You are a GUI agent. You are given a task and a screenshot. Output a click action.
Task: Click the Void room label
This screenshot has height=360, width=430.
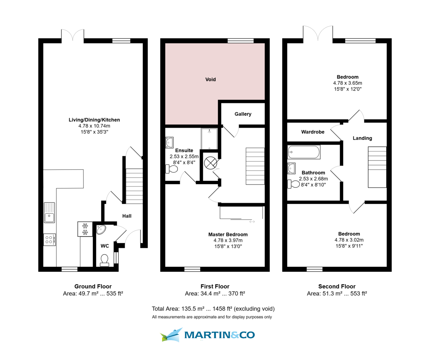point(211,80)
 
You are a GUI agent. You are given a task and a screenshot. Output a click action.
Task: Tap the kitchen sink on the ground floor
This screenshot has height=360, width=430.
point(49,212)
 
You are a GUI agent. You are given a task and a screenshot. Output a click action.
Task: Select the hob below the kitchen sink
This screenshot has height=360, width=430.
point(49,239)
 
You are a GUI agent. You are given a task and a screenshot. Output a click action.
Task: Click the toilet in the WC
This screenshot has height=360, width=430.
point(105,260)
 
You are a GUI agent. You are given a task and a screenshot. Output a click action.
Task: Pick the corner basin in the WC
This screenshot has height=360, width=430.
point(101,230)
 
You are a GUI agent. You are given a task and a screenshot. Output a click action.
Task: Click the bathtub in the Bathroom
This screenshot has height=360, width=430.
point(304,152)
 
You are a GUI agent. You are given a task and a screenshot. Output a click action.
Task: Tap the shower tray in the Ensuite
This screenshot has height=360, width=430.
point(210,139)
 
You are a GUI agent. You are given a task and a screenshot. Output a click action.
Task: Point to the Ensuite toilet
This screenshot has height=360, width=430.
point(171,169)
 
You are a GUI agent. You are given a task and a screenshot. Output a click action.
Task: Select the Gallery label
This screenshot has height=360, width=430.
point(243,114)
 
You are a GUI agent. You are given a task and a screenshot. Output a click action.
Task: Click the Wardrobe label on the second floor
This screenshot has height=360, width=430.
point(312,132)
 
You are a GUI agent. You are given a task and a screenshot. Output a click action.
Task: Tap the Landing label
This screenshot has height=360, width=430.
point(362,138)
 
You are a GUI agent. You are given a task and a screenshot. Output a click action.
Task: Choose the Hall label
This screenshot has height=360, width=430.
point(127,216)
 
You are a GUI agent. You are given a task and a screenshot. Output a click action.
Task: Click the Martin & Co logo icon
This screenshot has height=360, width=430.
point(171,335)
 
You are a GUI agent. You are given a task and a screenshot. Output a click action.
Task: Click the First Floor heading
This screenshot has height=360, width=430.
point(215,286)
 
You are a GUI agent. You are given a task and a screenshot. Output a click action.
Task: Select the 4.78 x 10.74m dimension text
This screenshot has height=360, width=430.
point(94,126)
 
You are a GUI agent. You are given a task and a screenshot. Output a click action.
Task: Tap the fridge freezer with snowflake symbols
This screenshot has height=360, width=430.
point(85,229)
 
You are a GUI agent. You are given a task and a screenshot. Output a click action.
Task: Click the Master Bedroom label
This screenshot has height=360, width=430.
point(228,234)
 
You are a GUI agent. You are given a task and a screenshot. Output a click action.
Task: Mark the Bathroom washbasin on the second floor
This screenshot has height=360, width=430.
point(292,168)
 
